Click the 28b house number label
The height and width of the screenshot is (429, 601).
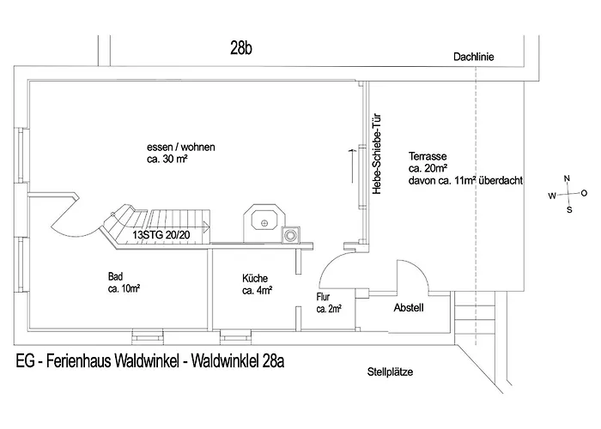pyautogui.click(x=241, y=48)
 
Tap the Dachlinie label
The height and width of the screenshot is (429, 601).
pyautogui.click(x=474, y=57)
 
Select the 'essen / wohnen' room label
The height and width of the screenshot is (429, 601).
pyautogui.click(x=181, y=147)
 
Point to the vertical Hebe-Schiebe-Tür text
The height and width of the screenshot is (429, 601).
pyautogui.click(x=377, y=154)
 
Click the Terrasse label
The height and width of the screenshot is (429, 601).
pyautogui.click(x=428, y=156)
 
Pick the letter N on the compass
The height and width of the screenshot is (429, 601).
pyautogui.click(x=567, y=178)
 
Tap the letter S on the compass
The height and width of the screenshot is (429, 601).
pyautogui.click(x=569, y=210)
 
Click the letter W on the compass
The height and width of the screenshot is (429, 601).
pyautogui.click(x=552, y=196)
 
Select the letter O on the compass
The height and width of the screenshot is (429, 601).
pyautogui.click(x=584, y=193)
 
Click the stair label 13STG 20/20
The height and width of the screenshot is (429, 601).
pyautogui.click(x=161, y=235)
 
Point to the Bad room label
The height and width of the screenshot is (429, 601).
pyautogui.click(x=115, y=276)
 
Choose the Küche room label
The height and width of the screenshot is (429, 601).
pyautogui.click(x=255, y=278)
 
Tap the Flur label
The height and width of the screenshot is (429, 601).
pyautogui.click(x=323, y=297)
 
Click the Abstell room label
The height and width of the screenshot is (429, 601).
pyautogui.click(x=409, y=307)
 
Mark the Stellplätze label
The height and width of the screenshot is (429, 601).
pyautogui.click(x=390, y=372)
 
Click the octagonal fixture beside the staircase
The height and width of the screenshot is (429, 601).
pyautogui.click(x=264, y=223)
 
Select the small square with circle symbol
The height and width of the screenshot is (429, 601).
pyautogui.click(x=291, y=235)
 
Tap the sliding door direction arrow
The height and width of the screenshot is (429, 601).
pyautogui.click(x=351, y=166)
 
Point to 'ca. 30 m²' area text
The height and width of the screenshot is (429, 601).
pyautogui.click(x=167, y=159)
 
